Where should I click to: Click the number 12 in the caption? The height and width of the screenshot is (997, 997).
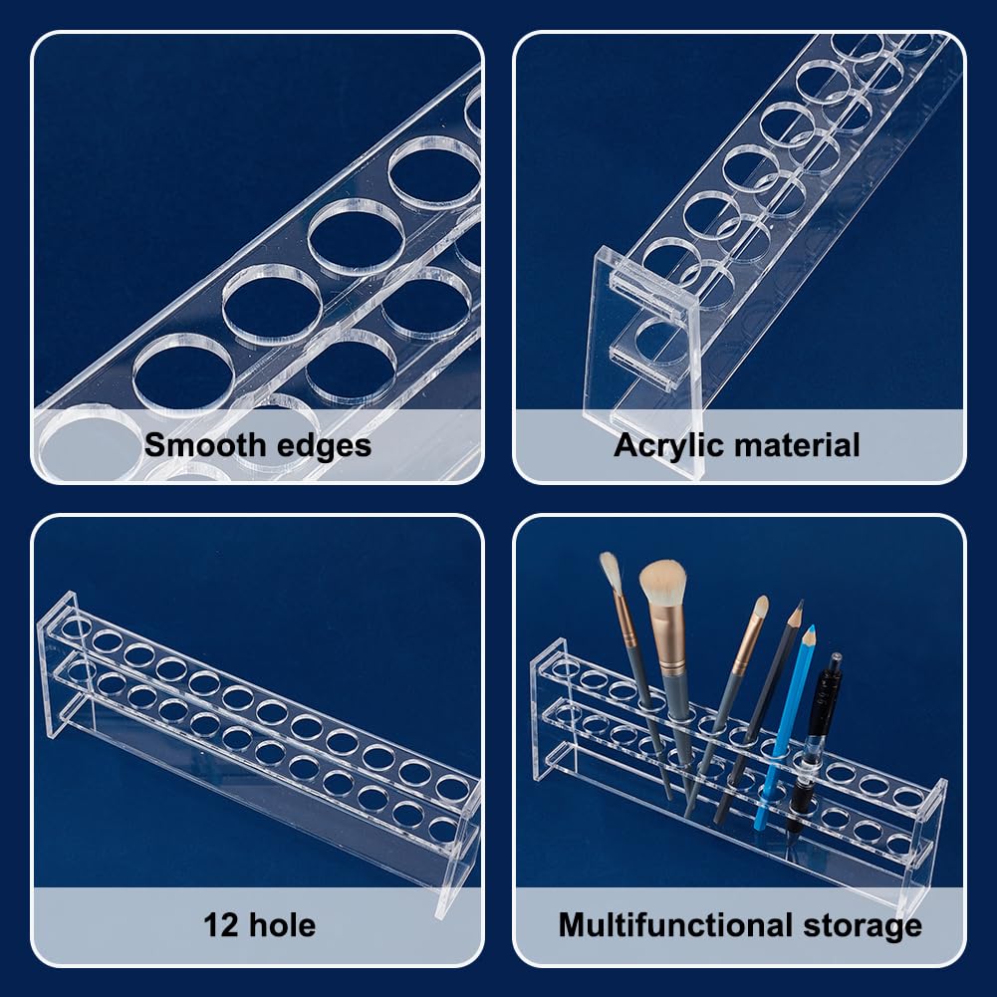[x=220, y=925]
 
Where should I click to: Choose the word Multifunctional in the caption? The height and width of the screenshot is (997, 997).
[x=674, y=925]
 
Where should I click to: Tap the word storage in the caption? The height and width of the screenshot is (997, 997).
[x=863, y=927]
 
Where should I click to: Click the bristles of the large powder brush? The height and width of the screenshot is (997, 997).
[x=662, y=582]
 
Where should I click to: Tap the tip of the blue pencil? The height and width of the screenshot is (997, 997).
[x=810, y=628]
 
